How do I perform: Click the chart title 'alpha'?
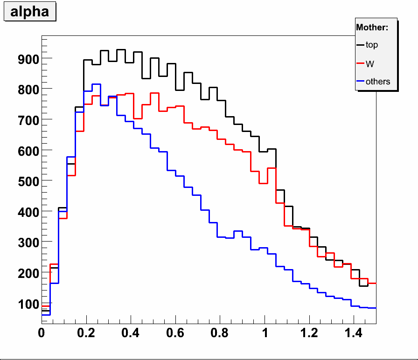[29, 12]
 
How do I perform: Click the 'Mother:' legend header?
[372, 28]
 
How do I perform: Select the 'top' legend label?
[372, 45]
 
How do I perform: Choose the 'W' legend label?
[370, 63]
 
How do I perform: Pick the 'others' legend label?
[378, 82]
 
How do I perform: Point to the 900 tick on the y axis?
[28, 59]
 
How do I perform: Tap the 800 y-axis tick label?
[28, 89]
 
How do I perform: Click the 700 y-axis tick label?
[28, 120]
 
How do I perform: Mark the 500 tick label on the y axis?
[28, 181]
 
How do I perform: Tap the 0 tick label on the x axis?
[42, 334]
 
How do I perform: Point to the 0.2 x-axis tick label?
[86, 334]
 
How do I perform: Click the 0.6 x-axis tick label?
[175, 334]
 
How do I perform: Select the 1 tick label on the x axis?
[265, 334]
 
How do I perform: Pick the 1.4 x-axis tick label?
[354, 334]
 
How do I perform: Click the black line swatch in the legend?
[360, 45]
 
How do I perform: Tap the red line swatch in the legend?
[360, 63]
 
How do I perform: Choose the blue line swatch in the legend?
[360, 82]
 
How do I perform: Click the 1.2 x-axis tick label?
[309, 334]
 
